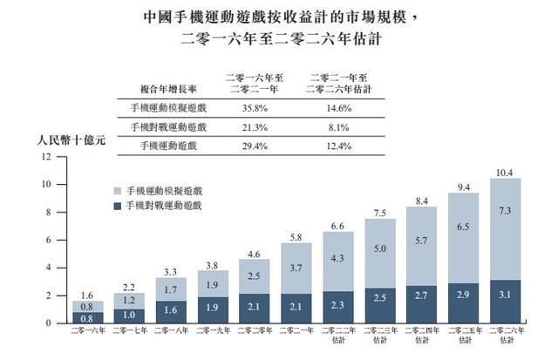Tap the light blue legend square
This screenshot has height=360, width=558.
pos(117,190)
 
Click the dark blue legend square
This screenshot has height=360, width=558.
pos(117,205)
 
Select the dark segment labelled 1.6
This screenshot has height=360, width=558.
pos(170,308)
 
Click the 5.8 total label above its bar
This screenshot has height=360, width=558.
pos(295,236)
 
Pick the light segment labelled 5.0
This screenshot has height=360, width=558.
pos(379,249)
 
